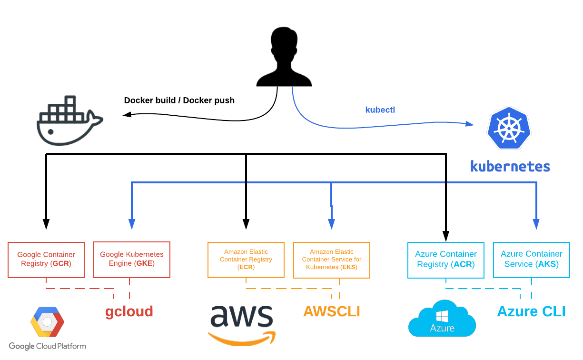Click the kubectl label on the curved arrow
380,110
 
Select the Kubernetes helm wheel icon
508,128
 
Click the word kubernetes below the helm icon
510,166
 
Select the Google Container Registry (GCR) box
46,260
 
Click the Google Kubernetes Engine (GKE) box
132,260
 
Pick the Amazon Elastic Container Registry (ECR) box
246,260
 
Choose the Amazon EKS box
332,260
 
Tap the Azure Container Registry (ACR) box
446,260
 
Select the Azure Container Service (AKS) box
532,260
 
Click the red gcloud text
129,311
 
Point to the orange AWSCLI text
332,311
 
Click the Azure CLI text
531,311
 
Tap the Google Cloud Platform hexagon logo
47,322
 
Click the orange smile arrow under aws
242,339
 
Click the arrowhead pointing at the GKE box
132,224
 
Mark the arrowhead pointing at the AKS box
536,224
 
